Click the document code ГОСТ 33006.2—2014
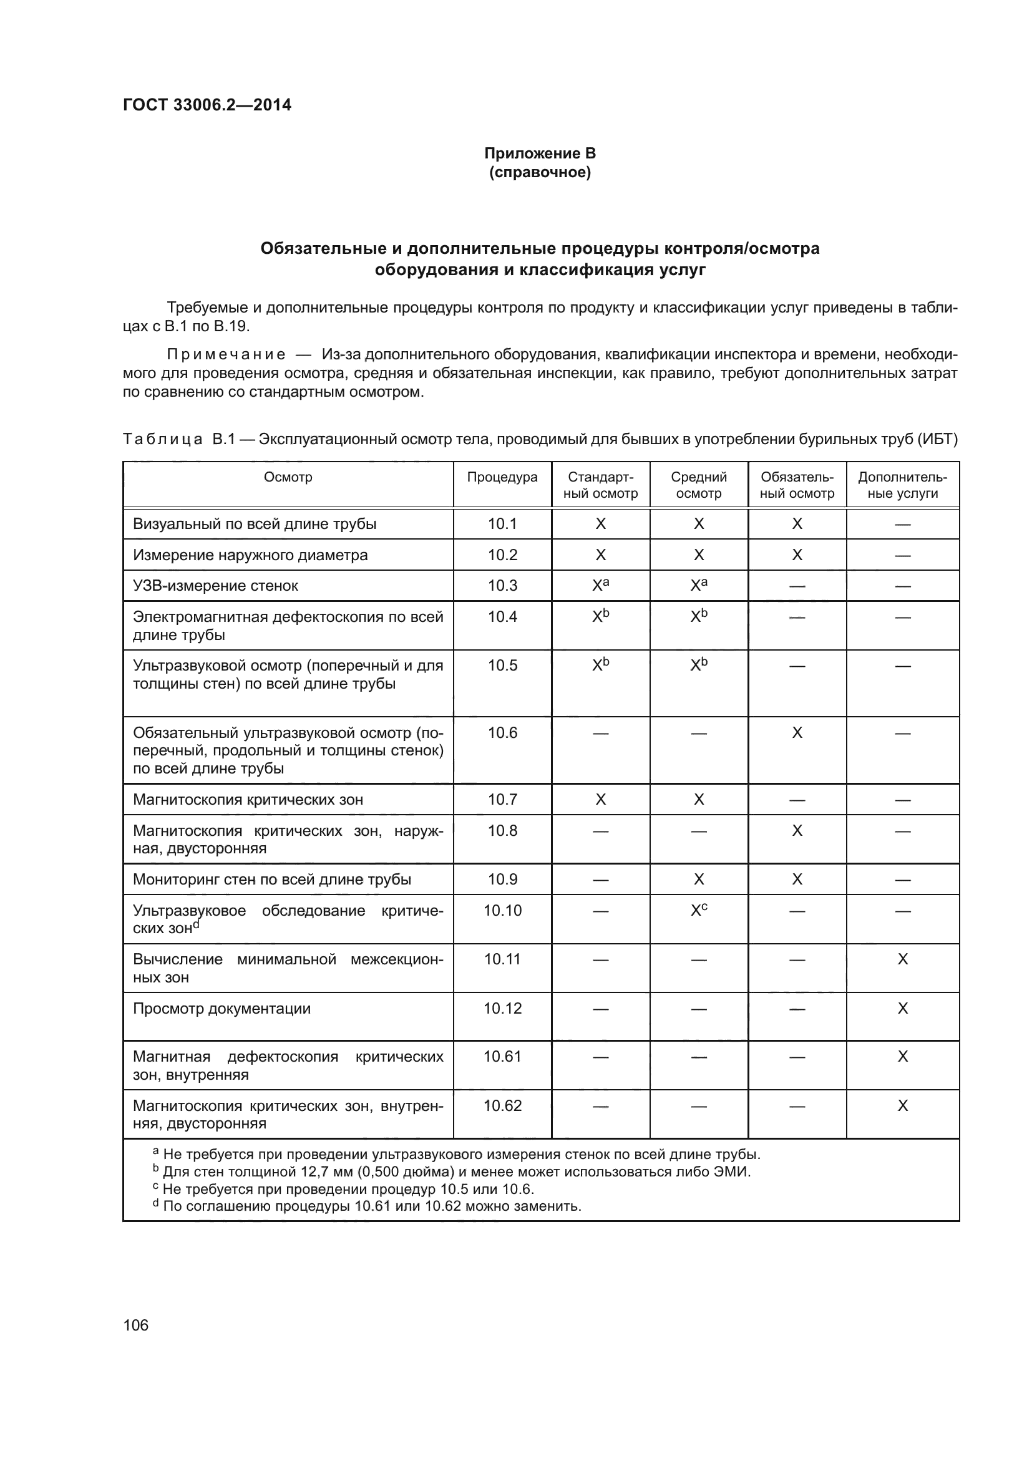point(207,105)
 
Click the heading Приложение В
point(540,153)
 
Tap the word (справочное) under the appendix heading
point(540,172)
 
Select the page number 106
point(135,1325)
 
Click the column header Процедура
point(502,477)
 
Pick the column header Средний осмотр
point(698,485)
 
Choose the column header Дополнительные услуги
point(902,485)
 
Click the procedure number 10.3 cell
point(502,585)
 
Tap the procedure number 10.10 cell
point(502,911)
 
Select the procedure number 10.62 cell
point(502,1106)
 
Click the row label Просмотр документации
point(221,1009)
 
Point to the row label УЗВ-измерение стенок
point(215,585)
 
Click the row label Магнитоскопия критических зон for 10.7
point(248,800)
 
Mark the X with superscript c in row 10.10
point(698,910)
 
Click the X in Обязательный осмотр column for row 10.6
point(797,733)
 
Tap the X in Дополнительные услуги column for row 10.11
point(902,959)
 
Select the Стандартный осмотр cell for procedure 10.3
point(600,584)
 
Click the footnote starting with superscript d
point(369,1206)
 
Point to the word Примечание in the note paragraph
point(226,354)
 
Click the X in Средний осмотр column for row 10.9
point(698,879)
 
